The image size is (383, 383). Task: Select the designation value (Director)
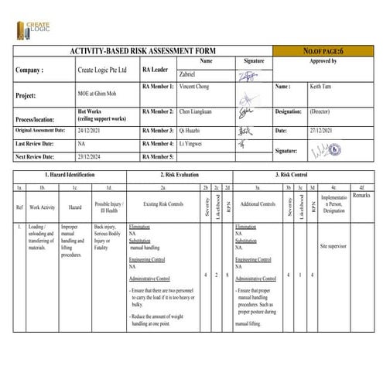point(320,111)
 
